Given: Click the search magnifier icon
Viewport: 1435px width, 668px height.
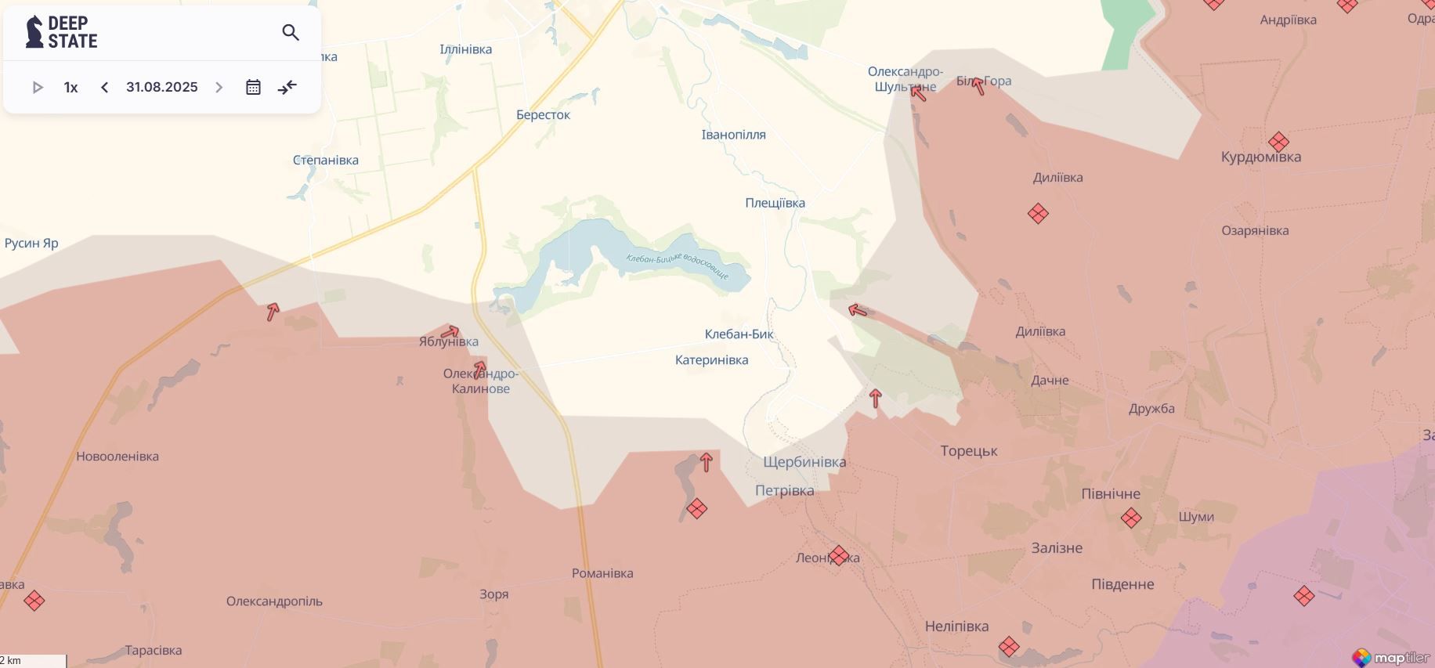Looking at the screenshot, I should pos(291,33).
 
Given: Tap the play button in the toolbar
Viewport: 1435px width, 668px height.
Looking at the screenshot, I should pos(37,87).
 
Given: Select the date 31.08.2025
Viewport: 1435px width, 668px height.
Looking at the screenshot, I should pos(162,87).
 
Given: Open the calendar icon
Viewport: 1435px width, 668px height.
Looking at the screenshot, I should pos(253,87).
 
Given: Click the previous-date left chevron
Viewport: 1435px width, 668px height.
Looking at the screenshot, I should pos(104,87).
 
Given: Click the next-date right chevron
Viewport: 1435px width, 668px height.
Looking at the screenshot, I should pos(219,87).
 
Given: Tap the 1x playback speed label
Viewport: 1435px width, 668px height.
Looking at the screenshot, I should pos(70,87).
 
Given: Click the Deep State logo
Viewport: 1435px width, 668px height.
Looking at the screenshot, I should pos(62,32).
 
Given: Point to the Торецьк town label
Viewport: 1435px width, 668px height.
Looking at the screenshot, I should pos(969,451).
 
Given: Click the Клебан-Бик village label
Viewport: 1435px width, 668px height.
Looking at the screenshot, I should pos(739,334).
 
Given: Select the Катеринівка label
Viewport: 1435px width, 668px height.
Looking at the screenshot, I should pos(711,360).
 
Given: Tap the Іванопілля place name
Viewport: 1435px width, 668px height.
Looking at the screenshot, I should pos(733,135).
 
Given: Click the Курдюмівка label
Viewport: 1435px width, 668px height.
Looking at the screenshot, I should pos(1260,157).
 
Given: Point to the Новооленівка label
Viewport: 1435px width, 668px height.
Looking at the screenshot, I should pos(117,457).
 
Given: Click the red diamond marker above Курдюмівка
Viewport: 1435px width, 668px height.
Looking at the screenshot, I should pos(1278,142).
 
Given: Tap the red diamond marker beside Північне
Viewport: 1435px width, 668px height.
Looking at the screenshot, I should pos(1131,518).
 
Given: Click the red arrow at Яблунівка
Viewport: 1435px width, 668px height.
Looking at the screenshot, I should pos(450,331).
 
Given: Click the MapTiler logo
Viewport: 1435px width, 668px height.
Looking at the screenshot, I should pos(1390,657).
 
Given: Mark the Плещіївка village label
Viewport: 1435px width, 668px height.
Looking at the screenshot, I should pos(775,203).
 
